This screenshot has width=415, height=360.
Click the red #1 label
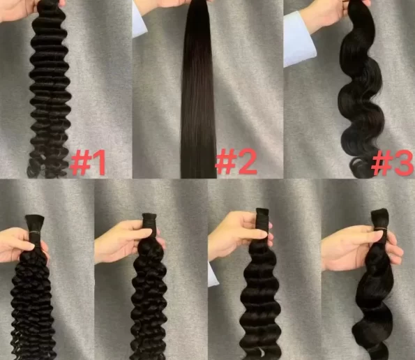click(x=88, y=163)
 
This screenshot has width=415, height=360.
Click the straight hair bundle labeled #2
click(x=199, y=90)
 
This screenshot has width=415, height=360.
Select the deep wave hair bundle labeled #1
click(x=50, y=90)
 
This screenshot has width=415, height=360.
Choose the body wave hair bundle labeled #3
click(x=361, y=90)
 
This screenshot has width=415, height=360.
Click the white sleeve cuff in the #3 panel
click(x=299, y=40)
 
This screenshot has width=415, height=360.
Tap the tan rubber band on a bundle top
click(x=381, y=228)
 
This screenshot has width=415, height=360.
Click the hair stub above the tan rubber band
click(x=380, y=218)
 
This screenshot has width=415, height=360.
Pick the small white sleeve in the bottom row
click(x=213, y=274)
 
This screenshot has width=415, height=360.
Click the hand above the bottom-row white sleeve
click(x=239, y=236)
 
